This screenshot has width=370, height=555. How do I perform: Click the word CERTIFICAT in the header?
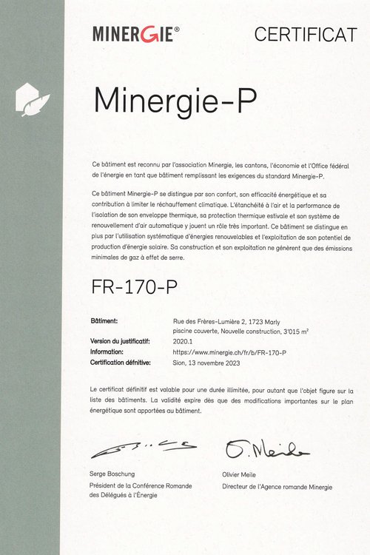click(x=305, y=33)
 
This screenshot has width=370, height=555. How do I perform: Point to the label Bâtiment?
click(x=104, y=321)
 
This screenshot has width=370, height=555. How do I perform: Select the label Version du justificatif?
click(x=121, y=342)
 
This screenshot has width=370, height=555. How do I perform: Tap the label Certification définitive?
click(x=121, y=363)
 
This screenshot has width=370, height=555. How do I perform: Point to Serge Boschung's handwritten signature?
click(x=144, y=447)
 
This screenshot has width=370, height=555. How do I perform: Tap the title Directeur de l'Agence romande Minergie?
click(x=277, y=487)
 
